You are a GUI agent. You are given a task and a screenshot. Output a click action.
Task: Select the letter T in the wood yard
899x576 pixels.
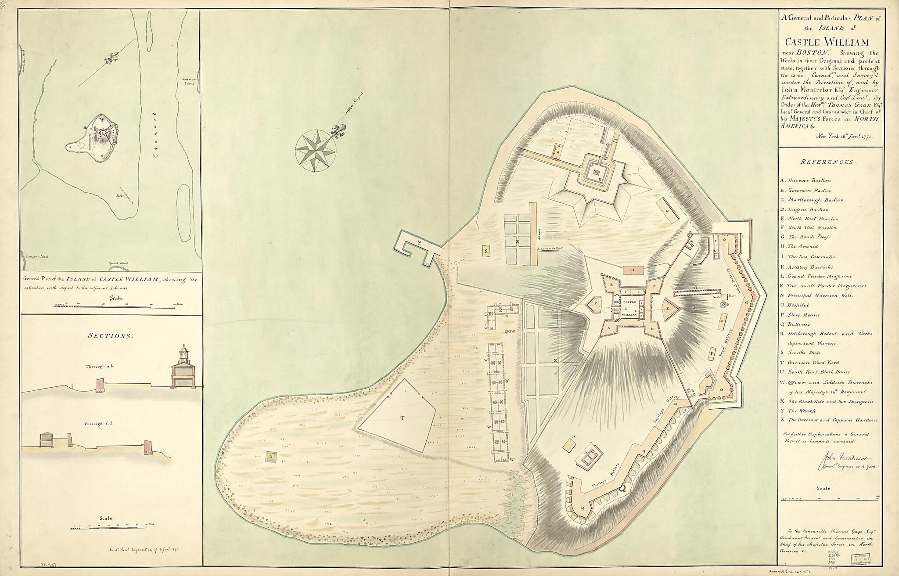click(x=402, y=418)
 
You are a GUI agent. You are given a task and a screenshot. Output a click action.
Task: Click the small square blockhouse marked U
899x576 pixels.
click(x=270, y=457)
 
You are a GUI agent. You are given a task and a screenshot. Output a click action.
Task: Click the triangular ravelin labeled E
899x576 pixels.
click(x=668, y=308)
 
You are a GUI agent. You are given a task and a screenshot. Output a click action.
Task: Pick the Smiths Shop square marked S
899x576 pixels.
click(x=486, y=252)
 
